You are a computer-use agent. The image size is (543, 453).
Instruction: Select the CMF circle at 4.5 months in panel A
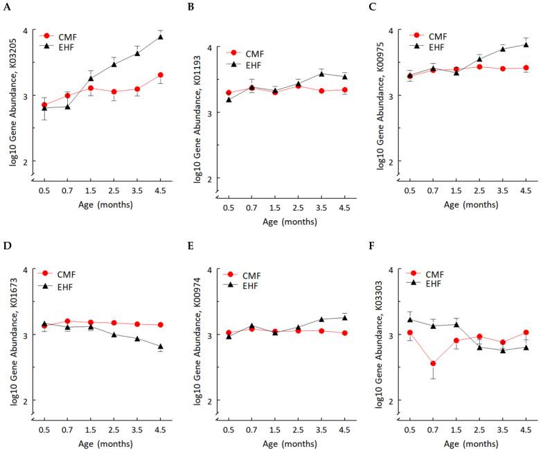pos(160,75)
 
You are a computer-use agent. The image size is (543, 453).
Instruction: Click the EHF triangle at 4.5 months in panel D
pos(160,347)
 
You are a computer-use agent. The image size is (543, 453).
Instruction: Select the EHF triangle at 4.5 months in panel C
pos(526,45)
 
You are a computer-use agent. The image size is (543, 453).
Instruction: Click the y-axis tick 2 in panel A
pos(26,161)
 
